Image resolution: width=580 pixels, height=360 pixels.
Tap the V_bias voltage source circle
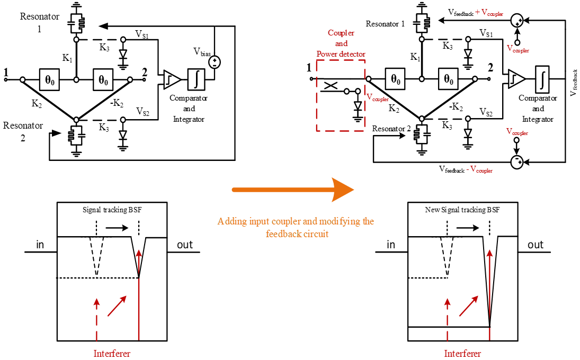215,62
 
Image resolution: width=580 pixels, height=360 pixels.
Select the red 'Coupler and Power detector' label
341,43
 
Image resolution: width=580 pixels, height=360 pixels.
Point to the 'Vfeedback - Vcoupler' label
466,169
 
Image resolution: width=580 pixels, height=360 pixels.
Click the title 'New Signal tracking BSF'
462,210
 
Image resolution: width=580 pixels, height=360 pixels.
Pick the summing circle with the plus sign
516,21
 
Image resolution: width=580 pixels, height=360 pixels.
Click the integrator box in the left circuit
197,79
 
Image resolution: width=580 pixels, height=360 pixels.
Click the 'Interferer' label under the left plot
112,353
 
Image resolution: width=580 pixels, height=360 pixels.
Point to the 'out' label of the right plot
536,245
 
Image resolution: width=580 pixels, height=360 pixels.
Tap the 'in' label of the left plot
40,245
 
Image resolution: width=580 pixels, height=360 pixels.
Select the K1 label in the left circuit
67,58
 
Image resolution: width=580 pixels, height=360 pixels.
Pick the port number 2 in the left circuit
144,71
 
